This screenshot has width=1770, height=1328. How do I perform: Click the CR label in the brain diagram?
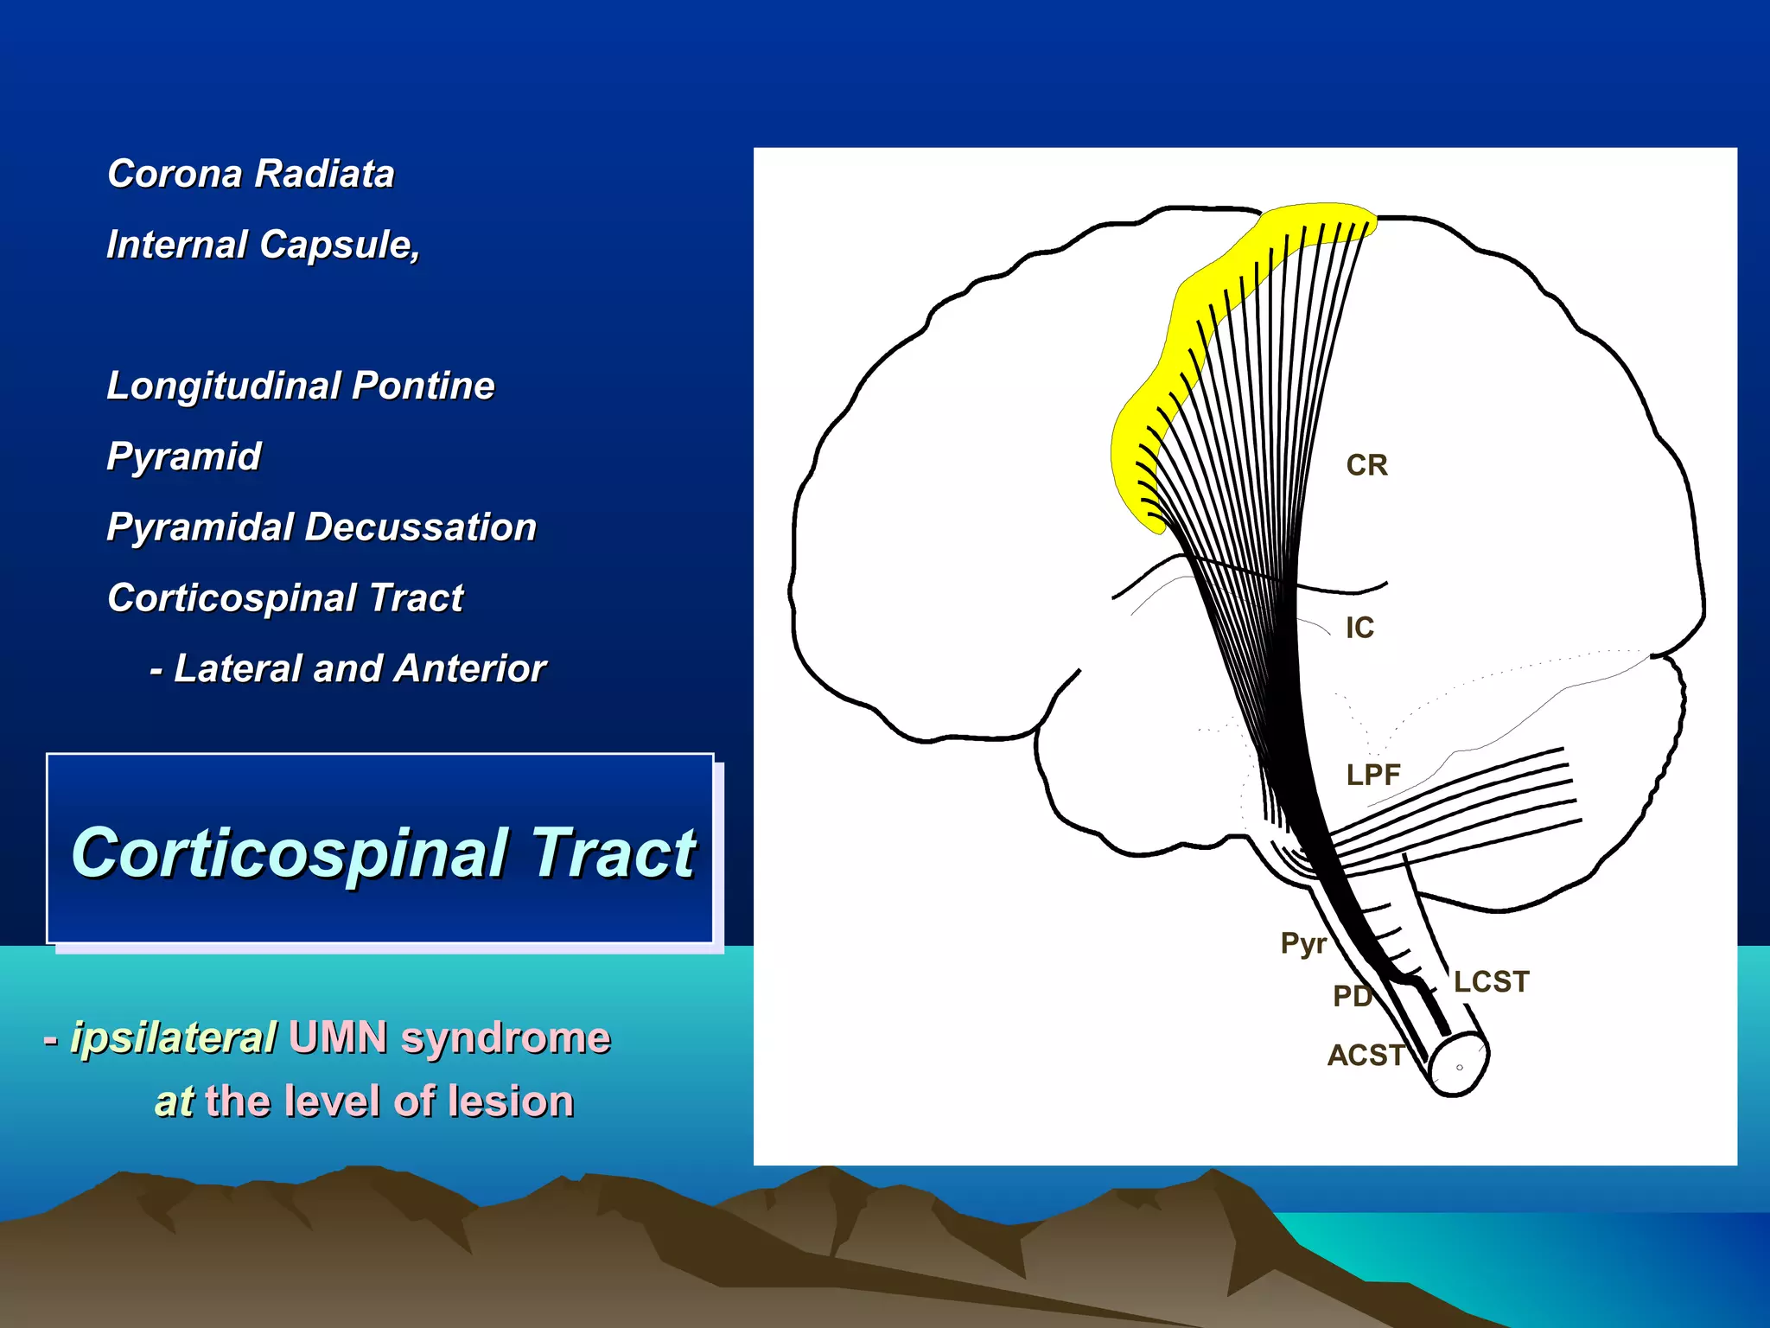click(1366, 465)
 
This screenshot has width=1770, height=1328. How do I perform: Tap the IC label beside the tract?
click(1359, 628)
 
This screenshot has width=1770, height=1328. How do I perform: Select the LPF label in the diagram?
click(1372, 775)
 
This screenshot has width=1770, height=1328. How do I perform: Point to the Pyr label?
click(1302, 943)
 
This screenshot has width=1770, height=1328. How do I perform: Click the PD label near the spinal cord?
click(1352, 996)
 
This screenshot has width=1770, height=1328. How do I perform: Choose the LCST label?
click(1491, 982)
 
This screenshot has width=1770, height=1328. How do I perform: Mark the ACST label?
click(1366, 1055)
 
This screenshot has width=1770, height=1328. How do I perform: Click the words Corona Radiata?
click(251, 174)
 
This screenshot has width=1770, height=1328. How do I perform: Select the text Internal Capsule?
click(263, 245)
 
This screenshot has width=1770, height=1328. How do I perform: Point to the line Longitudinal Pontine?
click(300, 386)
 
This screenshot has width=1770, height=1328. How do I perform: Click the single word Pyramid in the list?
click(183, 456)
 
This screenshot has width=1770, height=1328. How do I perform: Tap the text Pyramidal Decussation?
click(322, 527)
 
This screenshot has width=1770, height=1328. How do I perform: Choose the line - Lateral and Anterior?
click(347, 668)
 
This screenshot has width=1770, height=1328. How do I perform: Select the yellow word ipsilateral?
click(173, 1037)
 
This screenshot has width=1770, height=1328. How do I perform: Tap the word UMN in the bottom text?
click(339, 1037)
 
